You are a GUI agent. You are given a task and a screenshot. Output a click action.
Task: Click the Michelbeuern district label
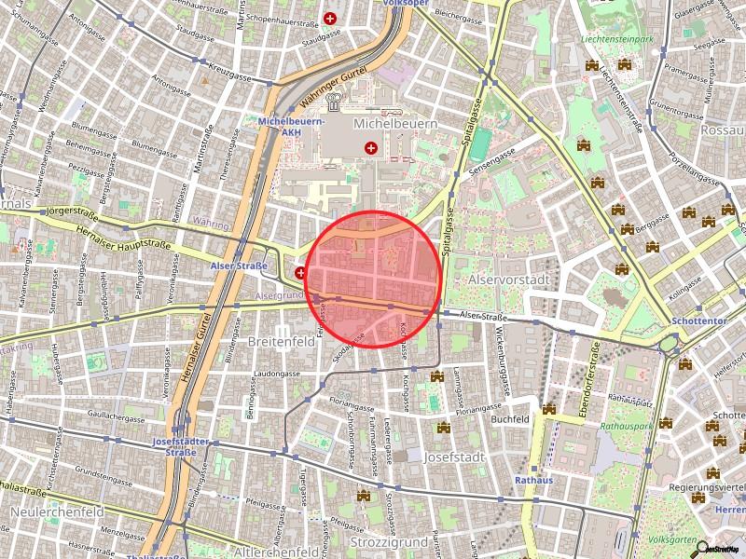pyautogui.click(x=395, y=123)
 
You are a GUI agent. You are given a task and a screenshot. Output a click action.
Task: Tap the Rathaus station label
pyautogui.click(x=533, y=481)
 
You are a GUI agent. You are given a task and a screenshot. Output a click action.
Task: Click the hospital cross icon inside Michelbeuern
pyautogui.click(x=372, y=147)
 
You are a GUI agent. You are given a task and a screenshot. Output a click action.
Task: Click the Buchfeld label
pyautogui.click(x=510, y=419)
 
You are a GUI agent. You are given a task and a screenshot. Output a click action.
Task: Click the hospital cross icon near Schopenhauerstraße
pyautogui.click(x=330, y=18)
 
